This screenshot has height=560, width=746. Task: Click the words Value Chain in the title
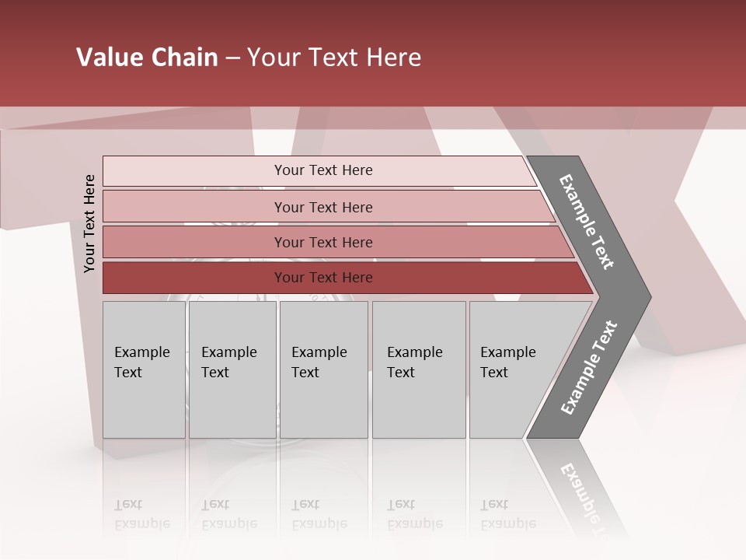tap(147, 58)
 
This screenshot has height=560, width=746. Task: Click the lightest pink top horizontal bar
tap(194, 171)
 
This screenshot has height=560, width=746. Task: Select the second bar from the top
tap(194, 207)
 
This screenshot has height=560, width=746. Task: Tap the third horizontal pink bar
tap(194, 243)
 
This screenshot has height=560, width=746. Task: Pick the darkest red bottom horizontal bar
tap(194, 278)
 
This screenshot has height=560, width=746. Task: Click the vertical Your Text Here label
tap(89, 224)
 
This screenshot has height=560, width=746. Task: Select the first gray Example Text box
tap(144, 369)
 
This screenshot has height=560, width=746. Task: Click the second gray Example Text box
tap(232, 369)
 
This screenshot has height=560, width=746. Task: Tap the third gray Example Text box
tap(323, 369)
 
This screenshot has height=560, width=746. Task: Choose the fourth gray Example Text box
tap(419, 369)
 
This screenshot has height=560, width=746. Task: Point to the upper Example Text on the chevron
tap(587, 222)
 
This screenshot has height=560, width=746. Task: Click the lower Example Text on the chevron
tap(589, 368)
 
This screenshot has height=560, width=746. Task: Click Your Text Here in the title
tap(334, 58)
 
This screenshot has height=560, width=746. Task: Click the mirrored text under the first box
tap(142, 514)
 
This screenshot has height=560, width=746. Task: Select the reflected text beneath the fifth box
tap(508, 514)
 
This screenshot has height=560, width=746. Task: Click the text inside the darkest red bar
tap(323, 278)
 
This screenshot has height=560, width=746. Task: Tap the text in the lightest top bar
tap(323, 170)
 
